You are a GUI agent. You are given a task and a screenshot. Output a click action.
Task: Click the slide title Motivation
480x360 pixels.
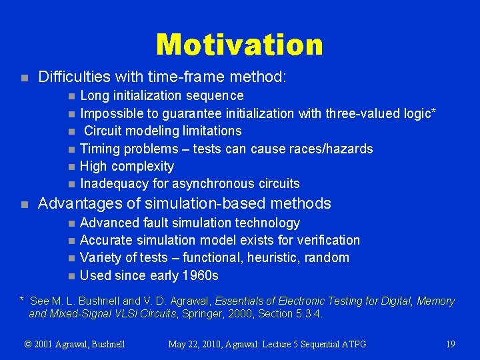pyautogui.click(x=239, y=45)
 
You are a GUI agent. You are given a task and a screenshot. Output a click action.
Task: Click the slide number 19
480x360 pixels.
pyautogui.click(x=451, y=344)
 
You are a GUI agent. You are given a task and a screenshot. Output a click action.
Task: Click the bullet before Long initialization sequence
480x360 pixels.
pyautogui.click(x=72, y=97)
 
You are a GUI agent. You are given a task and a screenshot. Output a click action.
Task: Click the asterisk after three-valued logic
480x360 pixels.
pyautogui.click(x=434, y=111)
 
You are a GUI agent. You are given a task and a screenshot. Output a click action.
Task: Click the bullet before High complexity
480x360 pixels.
pyautogui.click(x=72, y=167)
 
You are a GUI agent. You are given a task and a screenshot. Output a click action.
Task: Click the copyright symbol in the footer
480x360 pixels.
pyautogui.click(x=28, y=344)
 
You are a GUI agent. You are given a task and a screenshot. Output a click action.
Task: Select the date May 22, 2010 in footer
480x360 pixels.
pyautogui.click(x=197, y=344)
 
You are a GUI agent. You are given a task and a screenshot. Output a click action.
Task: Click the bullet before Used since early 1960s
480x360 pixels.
pyautogui.click(x=72, y=276)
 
